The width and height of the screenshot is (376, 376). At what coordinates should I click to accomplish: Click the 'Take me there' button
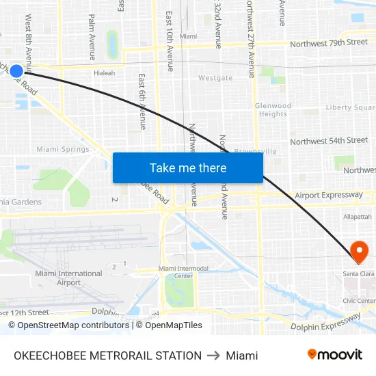[187, 167]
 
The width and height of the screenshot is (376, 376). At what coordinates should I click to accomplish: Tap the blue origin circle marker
[17, 70]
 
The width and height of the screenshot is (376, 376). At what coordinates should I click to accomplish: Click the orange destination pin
[359, 252]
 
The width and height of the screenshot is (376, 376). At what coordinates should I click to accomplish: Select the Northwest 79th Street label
[329, 42]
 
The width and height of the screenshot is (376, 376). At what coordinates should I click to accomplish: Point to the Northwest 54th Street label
[329, 141]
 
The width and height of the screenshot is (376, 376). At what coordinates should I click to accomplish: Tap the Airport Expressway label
[329, 196]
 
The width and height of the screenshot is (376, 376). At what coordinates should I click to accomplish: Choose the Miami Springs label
[63, 149]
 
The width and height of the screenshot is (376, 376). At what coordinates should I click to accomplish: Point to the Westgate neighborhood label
[215, 78]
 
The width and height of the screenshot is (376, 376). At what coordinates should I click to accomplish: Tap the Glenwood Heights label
[273, 110]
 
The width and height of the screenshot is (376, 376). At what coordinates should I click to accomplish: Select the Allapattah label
[358, 216]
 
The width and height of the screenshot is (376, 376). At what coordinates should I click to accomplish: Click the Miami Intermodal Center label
[183, 272]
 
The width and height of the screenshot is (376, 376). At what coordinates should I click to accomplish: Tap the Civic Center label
[359, 301]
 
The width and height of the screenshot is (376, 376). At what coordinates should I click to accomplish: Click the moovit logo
[334, 355]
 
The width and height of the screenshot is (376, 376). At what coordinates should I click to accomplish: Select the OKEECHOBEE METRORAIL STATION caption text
[107, 355]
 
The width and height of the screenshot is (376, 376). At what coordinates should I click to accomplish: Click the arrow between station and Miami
[213, 355]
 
